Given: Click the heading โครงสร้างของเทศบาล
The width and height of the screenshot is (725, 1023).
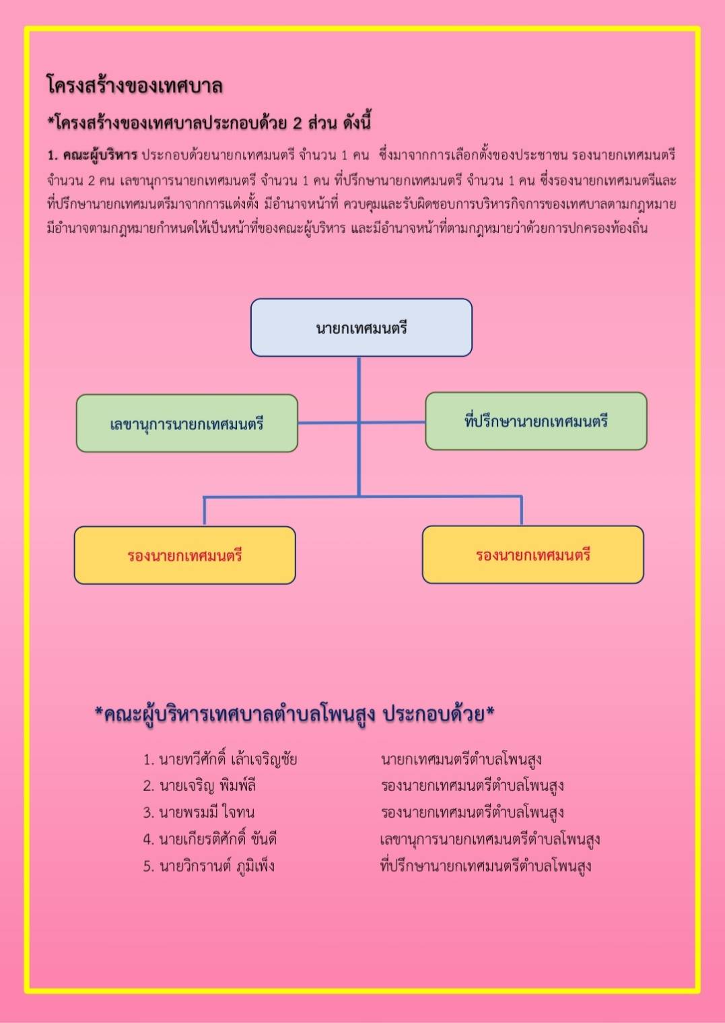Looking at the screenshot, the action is click(x=135, y=85).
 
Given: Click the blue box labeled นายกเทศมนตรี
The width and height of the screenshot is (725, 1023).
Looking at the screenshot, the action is click(x=361, y=328).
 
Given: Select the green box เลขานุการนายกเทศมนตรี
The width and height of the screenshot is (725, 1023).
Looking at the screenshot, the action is click(x=187, y=423).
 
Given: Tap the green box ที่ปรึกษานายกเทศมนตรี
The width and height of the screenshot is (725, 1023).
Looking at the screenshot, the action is click(x=537, y=421).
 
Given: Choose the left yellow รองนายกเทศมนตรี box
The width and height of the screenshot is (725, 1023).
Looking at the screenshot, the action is click(x=185, y=555).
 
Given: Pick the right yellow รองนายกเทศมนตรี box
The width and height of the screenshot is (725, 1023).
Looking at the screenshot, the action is click(x=533, y=555).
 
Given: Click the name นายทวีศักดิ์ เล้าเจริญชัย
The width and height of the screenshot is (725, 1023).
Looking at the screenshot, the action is click(x=228, y=759).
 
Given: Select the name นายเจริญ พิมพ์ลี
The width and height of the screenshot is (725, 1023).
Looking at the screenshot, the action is click(x=207, y=786).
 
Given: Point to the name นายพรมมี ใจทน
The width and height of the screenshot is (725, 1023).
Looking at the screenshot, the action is click(x=207, y=812).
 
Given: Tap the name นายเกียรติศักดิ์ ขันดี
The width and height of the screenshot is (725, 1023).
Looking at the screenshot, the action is click(x=218, y=839).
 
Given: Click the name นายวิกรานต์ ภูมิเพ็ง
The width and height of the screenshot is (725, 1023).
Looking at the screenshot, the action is click(x=217, y=866).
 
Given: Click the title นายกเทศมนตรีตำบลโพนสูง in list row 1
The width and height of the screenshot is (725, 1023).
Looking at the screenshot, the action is click(x=461, y=759).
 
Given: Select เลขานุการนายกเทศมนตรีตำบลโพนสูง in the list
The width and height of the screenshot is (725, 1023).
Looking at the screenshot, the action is click(x=490, y=839).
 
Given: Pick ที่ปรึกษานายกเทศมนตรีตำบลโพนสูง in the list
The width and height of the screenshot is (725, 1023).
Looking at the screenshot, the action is click(x=485, y=866).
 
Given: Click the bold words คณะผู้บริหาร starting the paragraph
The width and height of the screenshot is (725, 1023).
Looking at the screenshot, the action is click(x=100, y=155).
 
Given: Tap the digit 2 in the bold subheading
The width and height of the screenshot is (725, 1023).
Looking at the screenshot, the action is click(x=298, y=123).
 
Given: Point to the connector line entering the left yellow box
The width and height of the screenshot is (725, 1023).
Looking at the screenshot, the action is click(x=204, y=511).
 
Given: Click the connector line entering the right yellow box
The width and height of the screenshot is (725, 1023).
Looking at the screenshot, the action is click(x=522, y=511).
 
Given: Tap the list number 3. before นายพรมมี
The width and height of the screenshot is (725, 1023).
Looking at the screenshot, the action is click(x=149, y=813).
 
